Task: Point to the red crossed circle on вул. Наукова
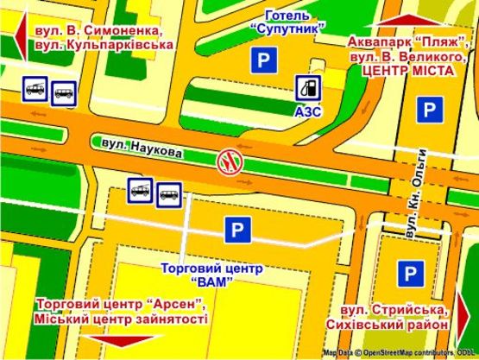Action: [229, 159]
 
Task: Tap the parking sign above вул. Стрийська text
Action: [408, 274]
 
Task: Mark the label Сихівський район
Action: [388, 325]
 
